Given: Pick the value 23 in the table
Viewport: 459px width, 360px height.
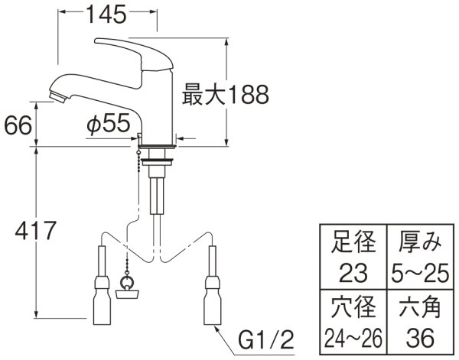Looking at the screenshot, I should [353, 271].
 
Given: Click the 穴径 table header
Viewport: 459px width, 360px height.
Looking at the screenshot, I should [353, 309].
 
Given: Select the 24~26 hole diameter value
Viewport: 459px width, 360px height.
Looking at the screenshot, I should [353, 336].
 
